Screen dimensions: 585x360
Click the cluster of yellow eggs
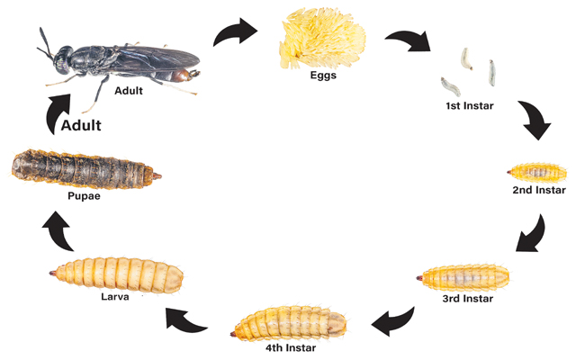tap(322, 39)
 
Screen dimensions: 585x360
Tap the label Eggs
tap(323, 76)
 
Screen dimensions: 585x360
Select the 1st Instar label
tap(470, 106)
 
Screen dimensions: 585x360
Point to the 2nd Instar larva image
tap(537, 173)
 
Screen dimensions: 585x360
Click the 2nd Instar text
tap(539, 190)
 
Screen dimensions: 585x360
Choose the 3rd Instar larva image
tap(463, 277)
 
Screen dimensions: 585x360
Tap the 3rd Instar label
tap(468, 299)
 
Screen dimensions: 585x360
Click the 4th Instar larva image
tap(289, 323)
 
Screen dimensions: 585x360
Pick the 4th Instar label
tap(291, 347)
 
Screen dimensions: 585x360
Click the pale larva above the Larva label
tap(116, 274)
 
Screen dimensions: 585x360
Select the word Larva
tap(115, 297)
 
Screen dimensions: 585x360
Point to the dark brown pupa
tap(85, 169)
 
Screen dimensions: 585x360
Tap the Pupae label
tap(84, 196)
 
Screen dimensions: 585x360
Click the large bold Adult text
tap(81, 125)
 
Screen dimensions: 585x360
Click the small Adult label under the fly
tap(129, 91)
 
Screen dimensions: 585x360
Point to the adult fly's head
tap(63, 59)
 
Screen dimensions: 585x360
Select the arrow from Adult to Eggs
tap(235, 32)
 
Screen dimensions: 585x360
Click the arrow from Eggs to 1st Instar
tap(409, 40)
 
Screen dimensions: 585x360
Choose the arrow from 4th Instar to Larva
tap(184, 320)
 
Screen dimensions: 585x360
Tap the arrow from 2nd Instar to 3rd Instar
tap(532, 235)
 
